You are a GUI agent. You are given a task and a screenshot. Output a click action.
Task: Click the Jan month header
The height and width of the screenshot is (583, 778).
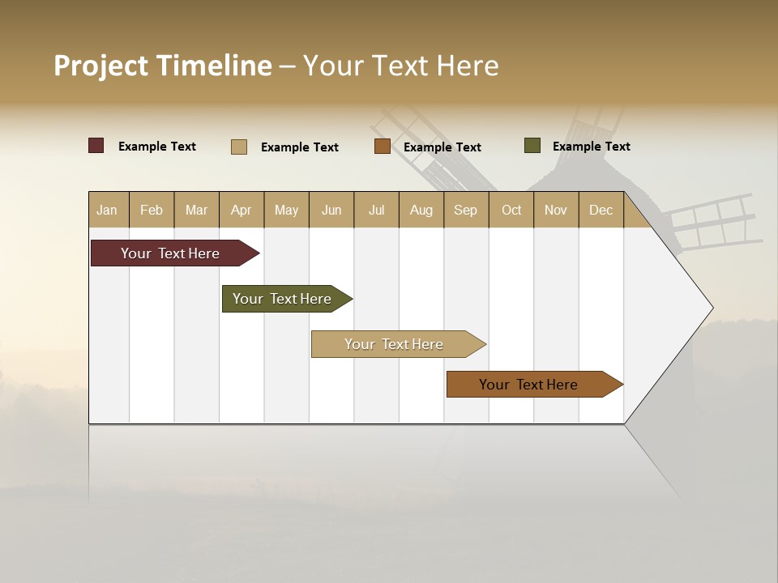[107, 211]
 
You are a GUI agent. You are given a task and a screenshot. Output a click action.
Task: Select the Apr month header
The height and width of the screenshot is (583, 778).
[241, 211]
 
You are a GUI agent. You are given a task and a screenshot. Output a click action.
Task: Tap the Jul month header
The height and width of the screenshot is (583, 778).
[376, 211]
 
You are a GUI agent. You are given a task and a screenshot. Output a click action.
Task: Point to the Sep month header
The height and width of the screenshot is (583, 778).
[465, 211]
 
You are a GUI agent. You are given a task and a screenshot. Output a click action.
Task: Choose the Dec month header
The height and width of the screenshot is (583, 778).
[601, 211]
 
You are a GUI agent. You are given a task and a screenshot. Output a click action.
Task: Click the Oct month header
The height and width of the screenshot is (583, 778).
[511, 211]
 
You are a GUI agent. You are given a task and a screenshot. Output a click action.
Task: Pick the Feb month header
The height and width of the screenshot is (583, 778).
[152, 211]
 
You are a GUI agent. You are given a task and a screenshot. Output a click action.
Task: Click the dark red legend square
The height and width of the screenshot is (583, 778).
[96, 146]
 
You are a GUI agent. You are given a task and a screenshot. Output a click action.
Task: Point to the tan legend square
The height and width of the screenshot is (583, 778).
[239, 147]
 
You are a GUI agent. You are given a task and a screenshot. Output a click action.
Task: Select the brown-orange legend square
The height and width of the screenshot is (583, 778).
[383, 147]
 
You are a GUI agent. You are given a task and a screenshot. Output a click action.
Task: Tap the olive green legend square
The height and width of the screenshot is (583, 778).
[532, 146]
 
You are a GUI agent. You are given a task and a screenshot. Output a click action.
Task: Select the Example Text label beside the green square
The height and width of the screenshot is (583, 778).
[591, 147]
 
